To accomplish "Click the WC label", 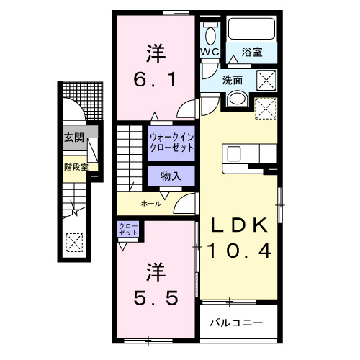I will tap(210, 53).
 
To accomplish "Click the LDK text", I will tap(239, 225).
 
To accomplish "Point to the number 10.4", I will tap(240, 251).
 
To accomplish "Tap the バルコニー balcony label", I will tap(237, 323).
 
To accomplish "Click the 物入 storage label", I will tap(171, 175).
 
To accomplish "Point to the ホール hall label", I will tap(150, 204).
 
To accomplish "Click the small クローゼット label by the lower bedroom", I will tap(128, 230).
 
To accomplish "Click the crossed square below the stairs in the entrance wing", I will tap(73, 241).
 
